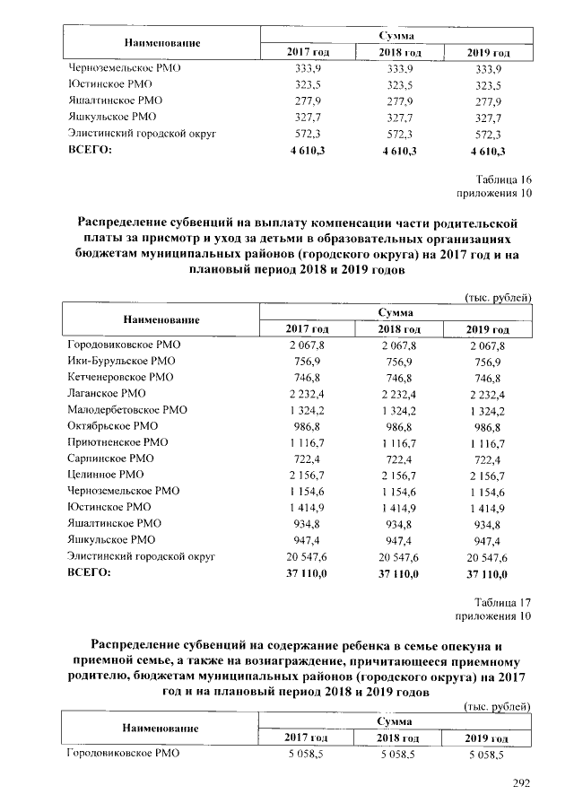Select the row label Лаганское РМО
coord(107,394)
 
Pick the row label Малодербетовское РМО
coord(127,410)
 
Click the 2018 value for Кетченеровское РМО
coord(396,378)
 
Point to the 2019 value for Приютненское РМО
coord(487,442)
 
